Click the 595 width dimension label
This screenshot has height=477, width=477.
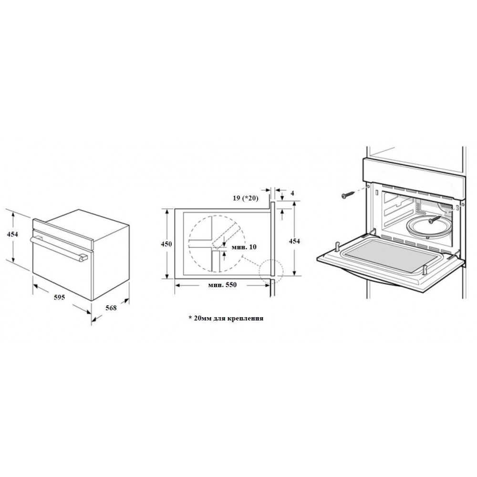click(x=60, y=297)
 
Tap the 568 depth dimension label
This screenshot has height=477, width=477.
click(x=111, y=308)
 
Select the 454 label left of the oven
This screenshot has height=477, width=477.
click(x=12, y=234)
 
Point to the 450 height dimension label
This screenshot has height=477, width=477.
click(x=166, y=244)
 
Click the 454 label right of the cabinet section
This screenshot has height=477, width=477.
click(x=294, y=241)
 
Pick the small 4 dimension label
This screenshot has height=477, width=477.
click(x=292, y=193)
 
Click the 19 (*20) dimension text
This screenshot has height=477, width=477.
click(x=246, y=198)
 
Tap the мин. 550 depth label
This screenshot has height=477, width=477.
click(x=222, y=285)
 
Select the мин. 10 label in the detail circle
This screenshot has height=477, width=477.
click(x=244, y=247)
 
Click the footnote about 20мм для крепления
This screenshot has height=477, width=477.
click(x=226, y=318)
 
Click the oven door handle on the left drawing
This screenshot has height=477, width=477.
click(x=59, y=247)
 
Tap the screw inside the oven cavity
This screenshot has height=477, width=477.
click(x=434, y=219)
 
